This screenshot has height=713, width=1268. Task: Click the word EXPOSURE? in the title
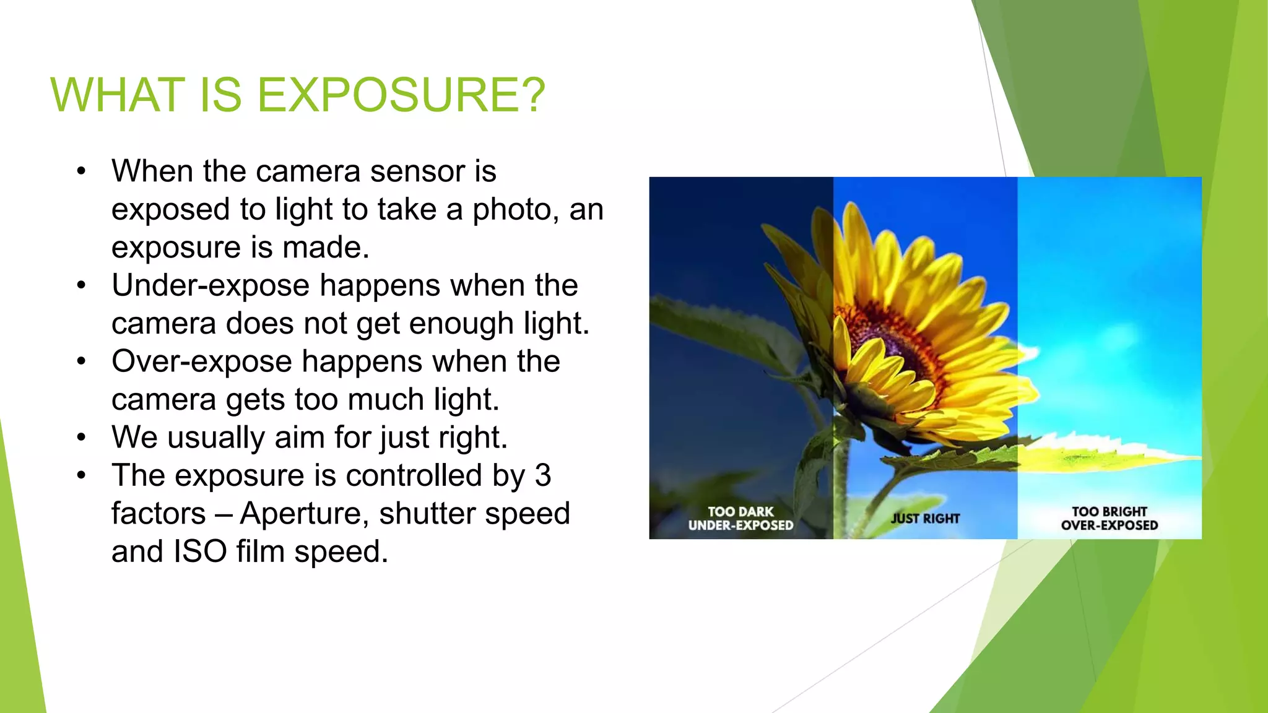tap(401, 95)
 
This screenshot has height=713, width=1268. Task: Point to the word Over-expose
tap(202, 362)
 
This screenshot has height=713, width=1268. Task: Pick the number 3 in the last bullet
tap(542, 476)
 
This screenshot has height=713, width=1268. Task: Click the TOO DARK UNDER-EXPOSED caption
tap(740, 519)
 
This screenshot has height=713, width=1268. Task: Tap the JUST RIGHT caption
tap(925, 519)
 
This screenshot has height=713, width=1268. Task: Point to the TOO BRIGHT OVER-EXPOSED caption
tap(1109, 519)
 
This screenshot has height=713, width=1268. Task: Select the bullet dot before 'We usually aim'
tap(81, 438)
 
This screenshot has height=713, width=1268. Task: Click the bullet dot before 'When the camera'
tap(81, 171)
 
